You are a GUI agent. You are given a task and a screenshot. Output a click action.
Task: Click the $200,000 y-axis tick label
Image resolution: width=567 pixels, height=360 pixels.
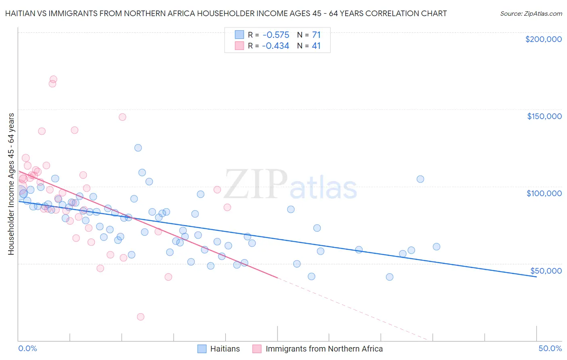(543, 39)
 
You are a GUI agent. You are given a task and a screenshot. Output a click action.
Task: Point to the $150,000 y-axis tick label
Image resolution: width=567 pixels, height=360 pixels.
(544, 116)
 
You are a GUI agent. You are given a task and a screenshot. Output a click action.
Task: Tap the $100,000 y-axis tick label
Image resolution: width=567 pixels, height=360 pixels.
(544, 193)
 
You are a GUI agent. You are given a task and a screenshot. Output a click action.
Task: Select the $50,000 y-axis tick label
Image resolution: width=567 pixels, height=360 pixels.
(546, 270)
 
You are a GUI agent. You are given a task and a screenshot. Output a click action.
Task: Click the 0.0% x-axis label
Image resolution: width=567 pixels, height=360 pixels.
(27, 348)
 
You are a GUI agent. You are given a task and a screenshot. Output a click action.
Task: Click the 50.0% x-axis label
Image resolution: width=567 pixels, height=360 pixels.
(550, 348)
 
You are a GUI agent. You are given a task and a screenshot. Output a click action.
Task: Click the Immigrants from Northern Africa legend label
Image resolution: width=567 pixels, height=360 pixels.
(324, 349)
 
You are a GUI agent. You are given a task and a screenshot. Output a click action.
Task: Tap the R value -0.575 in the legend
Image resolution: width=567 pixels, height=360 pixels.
(275, 35)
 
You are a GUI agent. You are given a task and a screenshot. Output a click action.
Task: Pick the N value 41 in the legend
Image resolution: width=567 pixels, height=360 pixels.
(316, 46)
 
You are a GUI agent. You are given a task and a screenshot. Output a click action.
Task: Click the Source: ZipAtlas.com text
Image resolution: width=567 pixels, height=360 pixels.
(531, 13)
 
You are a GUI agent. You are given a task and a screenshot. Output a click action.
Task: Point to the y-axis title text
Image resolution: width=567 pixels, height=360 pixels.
(11, 184)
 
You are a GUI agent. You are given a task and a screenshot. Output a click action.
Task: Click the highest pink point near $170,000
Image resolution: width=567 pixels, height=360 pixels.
(53, 79)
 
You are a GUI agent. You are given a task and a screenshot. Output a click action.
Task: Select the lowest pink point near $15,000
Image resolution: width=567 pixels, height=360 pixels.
(140, 317)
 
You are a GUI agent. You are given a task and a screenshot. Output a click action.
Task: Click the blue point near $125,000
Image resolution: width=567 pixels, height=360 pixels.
(138, 148)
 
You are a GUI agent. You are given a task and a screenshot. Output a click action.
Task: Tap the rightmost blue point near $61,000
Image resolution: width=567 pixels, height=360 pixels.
(436, 247)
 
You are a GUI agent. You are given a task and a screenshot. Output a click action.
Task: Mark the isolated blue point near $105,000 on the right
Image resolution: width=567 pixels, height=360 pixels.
(420, 179)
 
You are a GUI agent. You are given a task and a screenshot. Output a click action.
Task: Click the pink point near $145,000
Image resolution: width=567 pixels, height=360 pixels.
(122, 117)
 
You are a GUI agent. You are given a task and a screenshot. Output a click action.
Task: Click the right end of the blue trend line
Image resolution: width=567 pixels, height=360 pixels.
(536, 277)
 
